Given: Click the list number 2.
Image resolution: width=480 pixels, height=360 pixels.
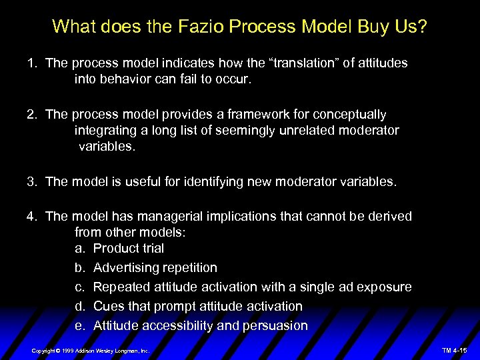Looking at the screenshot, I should click(31, 115).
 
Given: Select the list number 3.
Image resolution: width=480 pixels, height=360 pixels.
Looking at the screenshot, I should click(31, 181).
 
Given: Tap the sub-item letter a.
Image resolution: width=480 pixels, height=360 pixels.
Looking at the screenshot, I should click(79, 249).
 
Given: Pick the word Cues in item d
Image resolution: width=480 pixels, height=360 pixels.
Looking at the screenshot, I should click(107, 307).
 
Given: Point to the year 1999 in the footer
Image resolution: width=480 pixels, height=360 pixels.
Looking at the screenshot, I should click(69, 351).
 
